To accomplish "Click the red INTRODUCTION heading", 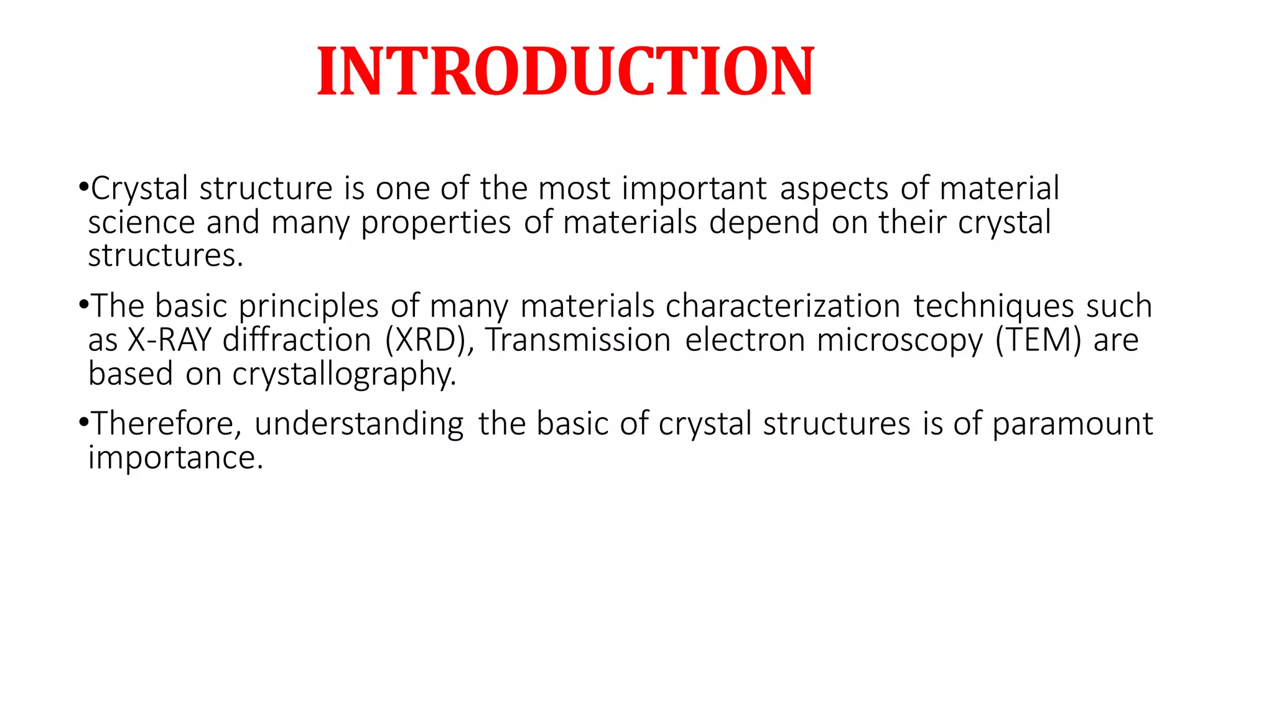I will [x=565, y=72].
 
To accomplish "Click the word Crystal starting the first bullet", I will [x=139, y=189].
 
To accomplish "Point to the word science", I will [x=141, y=222].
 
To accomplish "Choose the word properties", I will [x=436, y=222].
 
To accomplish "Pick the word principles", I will [x=309, y=306].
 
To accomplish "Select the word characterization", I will [x=783, y=306].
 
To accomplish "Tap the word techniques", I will [x=993, y=306].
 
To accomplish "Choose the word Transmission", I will [x=578, y=340].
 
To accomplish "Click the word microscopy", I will [x=899, y=340].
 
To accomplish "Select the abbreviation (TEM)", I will [x=1038, y=340].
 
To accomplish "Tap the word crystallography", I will [x=344, y=374].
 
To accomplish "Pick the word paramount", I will [x=1072, y=424].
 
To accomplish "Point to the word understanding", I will [x=359, y=424].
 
